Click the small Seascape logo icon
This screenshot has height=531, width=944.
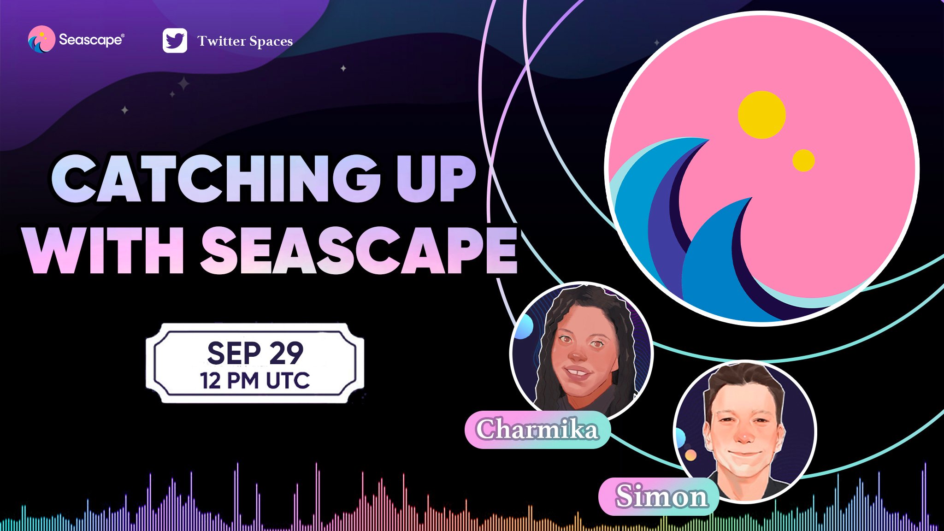coord(41,39)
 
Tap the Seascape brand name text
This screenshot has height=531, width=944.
coord(91,40)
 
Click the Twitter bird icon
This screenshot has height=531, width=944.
coord(175,41)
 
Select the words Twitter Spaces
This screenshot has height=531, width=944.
coord(245,41)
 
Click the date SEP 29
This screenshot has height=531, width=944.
coord(255,353)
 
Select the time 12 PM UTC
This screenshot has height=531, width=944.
coord(255,381)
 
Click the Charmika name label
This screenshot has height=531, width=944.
coord(537,430)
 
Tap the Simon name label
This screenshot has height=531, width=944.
coord(661,496)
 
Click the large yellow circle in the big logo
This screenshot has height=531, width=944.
coord(761,115)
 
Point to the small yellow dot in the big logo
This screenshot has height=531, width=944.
coord(803,160)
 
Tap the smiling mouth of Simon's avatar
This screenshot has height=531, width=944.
coord(743,454)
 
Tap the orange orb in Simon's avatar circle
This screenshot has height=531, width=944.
coord(690,455)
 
